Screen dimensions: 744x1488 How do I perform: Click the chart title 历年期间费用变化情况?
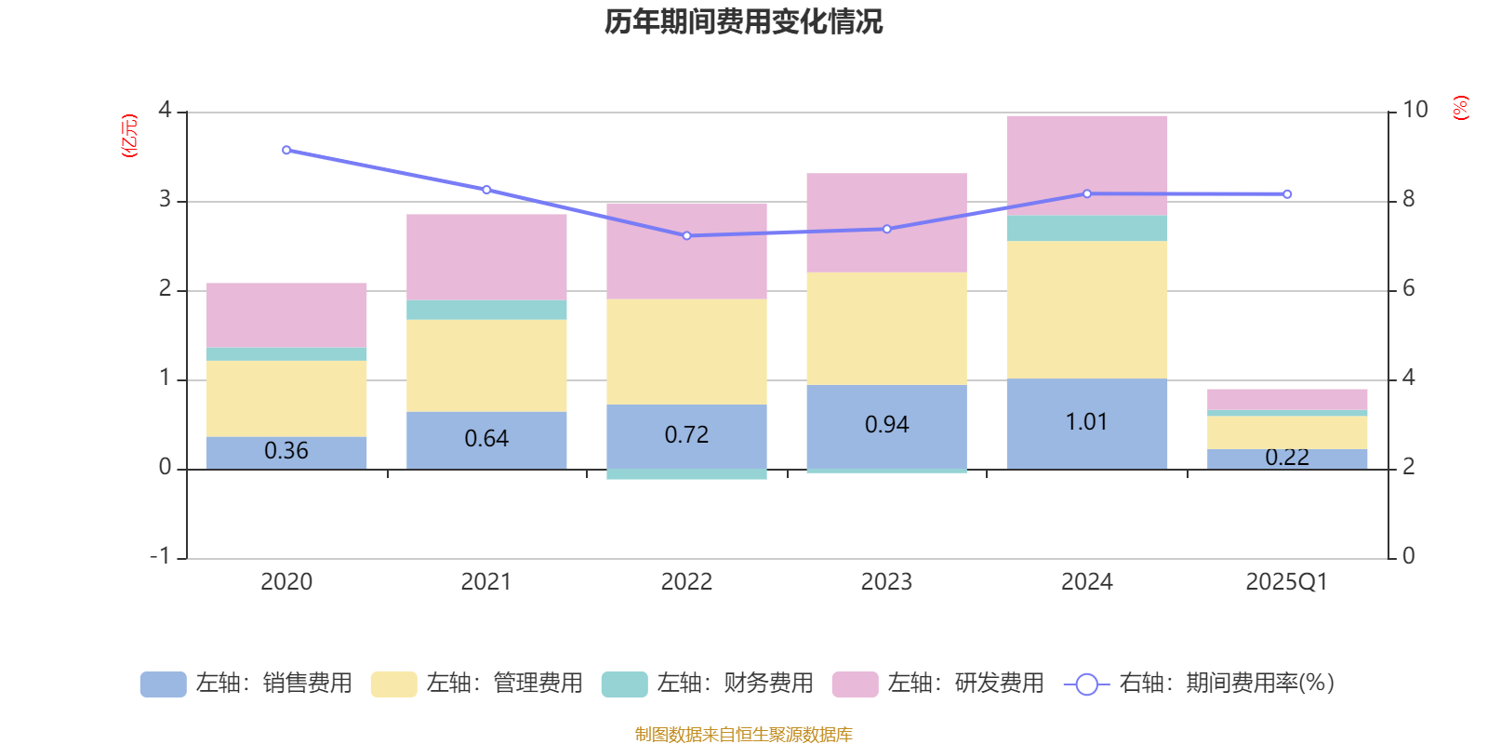[743, 21]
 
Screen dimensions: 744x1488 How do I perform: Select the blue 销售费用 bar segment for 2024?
[1086, 446]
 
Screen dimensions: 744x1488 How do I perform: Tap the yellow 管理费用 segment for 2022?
[686, 352]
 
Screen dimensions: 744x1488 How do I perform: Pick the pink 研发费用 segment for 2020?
[286, 314]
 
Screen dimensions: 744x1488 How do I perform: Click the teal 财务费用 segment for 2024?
[1086, 228]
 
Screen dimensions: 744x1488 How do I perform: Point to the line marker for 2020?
[286, 150]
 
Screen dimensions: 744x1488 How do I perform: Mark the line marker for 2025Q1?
[1287, 194]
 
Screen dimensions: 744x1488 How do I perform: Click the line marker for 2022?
[687, 236]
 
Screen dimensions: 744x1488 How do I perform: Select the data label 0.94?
[886, 425]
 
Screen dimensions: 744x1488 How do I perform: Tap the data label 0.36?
[286, 451]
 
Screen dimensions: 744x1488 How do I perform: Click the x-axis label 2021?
[485, 582]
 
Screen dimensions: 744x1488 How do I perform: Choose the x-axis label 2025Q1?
[1286, 582]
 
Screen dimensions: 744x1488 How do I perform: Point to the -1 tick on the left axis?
[161, 556]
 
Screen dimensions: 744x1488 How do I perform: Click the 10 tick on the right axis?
[1415, 110]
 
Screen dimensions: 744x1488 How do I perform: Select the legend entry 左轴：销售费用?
[247, 684]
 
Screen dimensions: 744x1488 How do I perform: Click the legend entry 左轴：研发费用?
[938, 684]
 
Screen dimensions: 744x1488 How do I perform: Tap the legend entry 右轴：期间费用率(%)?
[1200, 684]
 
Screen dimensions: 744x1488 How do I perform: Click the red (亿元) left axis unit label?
[129, 136]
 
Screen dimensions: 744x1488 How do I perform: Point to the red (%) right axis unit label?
[1460, 108]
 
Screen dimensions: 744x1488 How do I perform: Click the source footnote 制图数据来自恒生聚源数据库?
[743, 735]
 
